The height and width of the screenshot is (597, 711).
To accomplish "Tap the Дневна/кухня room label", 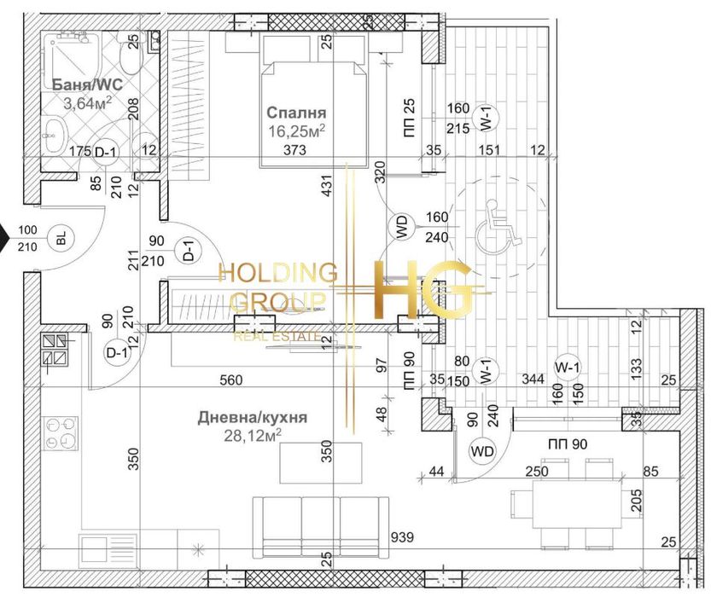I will click(x=241, y=418).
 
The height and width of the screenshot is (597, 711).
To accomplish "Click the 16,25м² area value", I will click(x=296, y=130).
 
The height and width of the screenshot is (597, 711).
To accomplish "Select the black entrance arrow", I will click(x=4, y=235).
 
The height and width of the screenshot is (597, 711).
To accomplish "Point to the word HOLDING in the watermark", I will click(x=277, y=273).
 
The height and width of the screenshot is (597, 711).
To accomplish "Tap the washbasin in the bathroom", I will click(x=53, y=132).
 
